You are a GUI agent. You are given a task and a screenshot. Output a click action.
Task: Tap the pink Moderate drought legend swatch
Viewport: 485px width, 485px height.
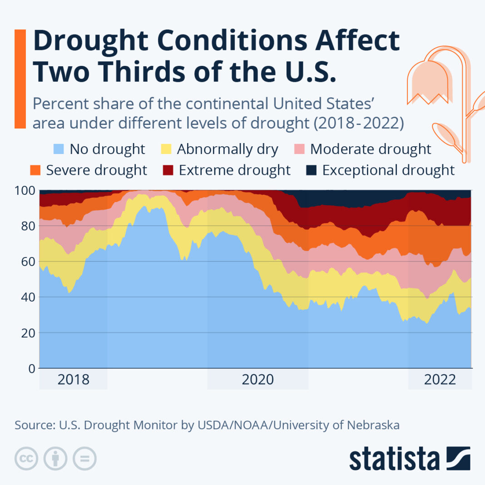[x=301, y=149]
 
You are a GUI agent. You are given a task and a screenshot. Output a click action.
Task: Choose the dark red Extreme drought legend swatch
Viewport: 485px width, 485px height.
[x=169, y=170]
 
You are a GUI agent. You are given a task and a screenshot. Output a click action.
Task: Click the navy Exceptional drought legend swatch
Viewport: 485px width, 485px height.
[x=312, y=170]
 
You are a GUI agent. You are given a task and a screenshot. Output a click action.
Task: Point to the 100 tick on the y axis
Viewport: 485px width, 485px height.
[x=25, y=190]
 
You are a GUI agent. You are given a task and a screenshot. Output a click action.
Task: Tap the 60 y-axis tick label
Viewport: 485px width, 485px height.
[x=28, y=262]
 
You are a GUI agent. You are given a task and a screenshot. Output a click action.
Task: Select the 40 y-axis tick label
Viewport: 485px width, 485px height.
[x=28, y=297]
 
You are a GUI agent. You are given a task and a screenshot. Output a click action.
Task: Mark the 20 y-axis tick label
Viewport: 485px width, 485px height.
[x=28, y=333]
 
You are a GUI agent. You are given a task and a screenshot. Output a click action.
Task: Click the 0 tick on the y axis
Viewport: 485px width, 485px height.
[x=31, y=368]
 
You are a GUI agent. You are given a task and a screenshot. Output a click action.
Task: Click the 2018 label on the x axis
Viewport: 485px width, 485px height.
[x=73, y=380]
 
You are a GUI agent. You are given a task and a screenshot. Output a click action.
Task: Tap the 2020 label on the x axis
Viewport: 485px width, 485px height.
[x=258, y=380]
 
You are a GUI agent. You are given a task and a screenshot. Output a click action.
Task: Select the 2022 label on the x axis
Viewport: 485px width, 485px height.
[x=440, y=380]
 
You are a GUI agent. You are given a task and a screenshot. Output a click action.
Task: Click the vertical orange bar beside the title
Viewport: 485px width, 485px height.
[x=20, y=79]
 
